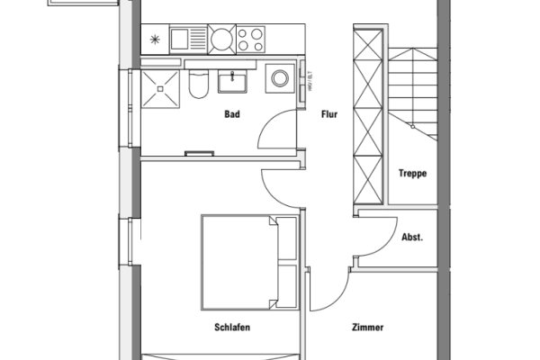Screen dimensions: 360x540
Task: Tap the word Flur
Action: [x=328, y=115]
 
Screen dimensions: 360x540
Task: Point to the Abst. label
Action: [x=411, y=238]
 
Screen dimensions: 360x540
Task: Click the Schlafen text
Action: [x=232, y=328]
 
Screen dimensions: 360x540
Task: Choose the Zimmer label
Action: [x=367, y=328]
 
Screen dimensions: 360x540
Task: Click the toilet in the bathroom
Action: [x=199, y=84]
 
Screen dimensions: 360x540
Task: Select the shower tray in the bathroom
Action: [x=160, y=85]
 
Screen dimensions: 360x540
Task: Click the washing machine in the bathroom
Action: [x=277, y=79]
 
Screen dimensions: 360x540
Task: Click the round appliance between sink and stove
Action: [x=220, y=40]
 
